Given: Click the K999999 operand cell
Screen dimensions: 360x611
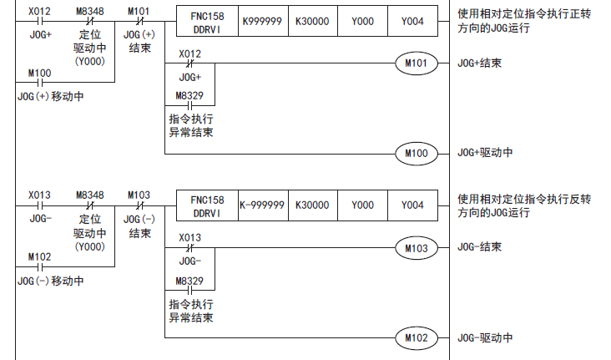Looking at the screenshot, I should pos(262,20).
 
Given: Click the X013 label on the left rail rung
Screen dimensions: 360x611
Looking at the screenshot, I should pos(39,195).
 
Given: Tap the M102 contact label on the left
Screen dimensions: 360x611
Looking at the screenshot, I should pos(39,256).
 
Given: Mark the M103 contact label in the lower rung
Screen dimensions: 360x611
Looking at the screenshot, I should pos(139,195).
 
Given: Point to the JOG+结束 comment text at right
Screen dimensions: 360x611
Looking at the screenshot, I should pos(480,63).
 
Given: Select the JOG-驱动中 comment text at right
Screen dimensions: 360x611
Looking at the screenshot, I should pos(485,338).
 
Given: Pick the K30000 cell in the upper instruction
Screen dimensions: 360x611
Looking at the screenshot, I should pos(312,20).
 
